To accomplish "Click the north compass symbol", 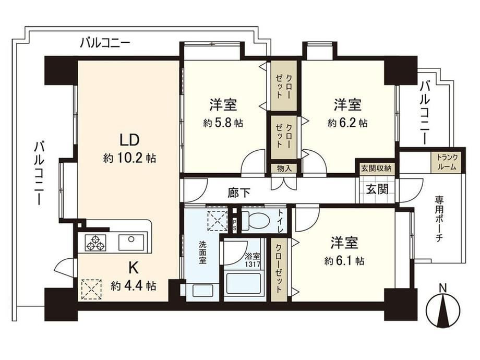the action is point(443,310).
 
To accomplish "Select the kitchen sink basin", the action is point(131,242).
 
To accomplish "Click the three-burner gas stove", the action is point(96,242).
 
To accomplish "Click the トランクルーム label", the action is point(447,162).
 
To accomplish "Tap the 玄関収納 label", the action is point(377,168).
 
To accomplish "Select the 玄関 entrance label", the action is point(377,189).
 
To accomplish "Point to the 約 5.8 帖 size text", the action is point(223,123).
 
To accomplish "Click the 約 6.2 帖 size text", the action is point(347,123).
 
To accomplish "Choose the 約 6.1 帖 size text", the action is point(344,261).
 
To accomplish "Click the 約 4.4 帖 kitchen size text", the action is point(134,286).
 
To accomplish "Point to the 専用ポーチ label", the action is point(439,220).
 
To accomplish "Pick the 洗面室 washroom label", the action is point(202,253).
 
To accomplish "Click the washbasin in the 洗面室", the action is point(202,290).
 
